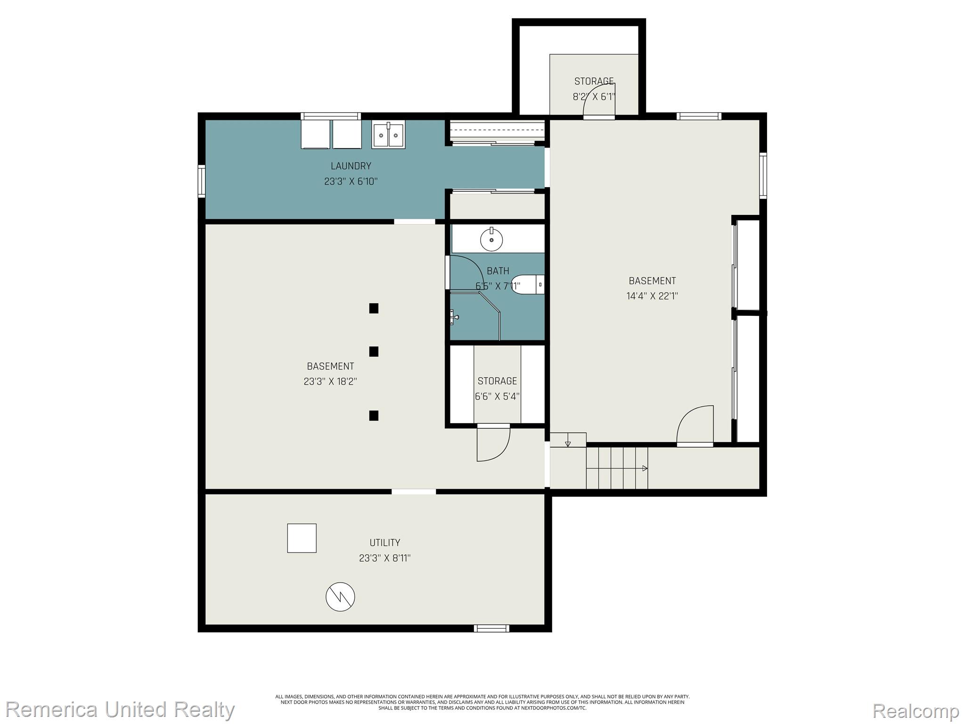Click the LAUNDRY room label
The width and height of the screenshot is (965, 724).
pos(351,166)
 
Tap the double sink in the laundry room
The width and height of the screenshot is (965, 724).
pos(388,135)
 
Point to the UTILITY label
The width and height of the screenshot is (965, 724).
pos(384,543)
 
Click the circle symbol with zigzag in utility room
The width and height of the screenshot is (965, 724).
pos(340,597)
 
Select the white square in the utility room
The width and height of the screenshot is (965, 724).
pos(302,538)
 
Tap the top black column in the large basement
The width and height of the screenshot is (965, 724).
pos(374,308)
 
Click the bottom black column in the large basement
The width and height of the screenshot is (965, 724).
pos(374,415)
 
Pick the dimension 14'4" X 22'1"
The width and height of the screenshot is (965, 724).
pos(652,296)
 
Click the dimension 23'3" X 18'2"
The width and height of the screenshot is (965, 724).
pos(330,381)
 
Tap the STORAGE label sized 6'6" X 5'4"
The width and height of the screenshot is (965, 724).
pos(497,381)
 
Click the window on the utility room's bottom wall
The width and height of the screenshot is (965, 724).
pos(491,628)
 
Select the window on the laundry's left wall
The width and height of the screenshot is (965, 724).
pos(202,181)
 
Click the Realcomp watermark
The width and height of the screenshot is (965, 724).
pos(915,710)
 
